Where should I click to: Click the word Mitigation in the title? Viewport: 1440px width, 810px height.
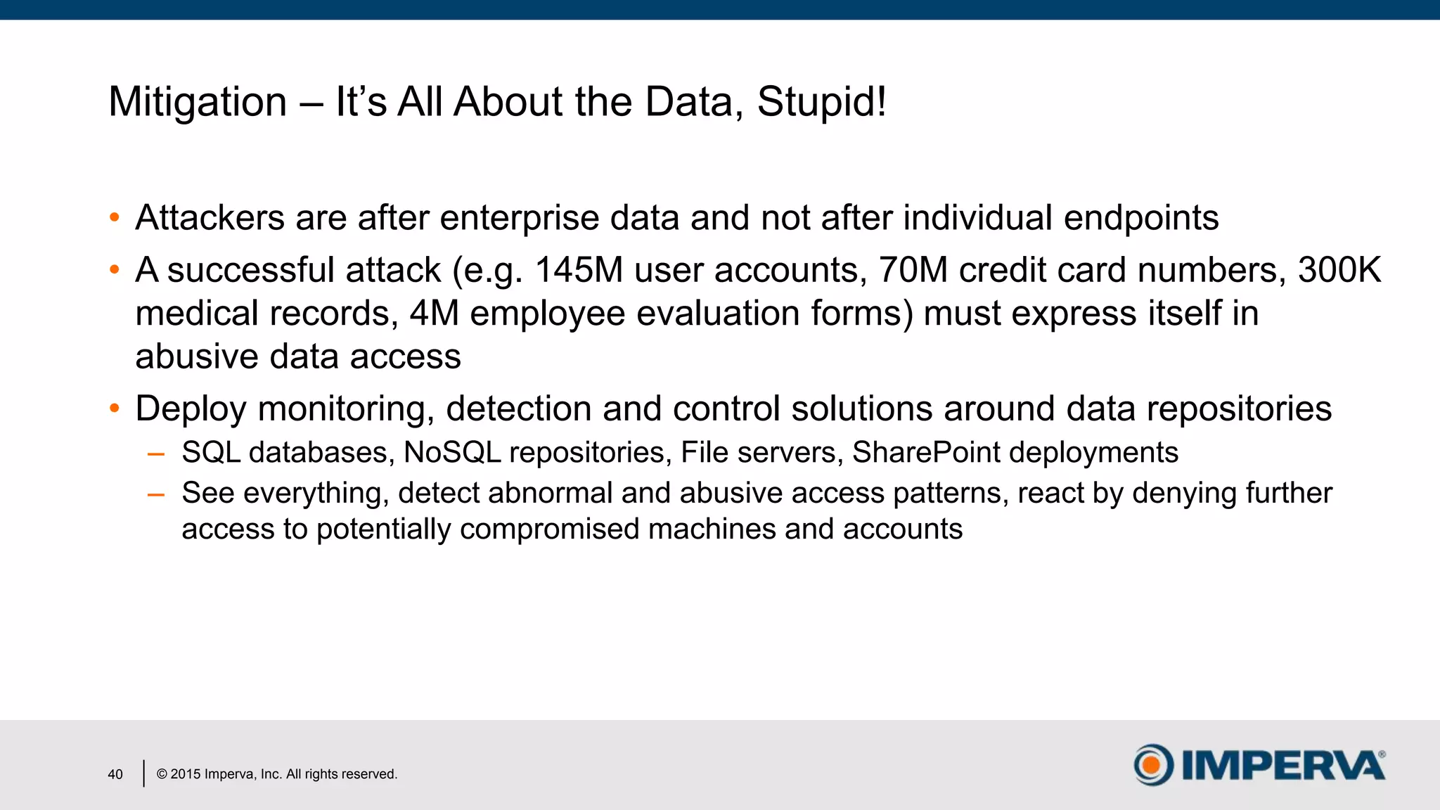198,102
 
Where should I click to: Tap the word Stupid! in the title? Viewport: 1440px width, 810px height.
821,102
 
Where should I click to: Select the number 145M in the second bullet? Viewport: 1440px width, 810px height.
579,271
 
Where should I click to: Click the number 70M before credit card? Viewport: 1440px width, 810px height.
913,271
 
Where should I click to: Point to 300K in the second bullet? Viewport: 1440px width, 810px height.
1339,271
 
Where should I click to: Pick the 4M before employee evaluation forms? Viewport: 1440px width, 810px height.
434,314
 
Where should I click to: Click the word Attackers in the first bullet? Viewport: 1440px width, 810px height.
210,218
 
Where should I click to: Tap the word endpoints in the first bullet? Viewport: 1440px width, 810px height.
1140,218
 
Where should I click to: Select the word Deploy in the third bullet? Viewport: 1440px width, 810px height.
191,409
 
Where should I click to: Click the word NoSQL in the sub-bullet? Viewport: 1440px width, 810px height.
452,453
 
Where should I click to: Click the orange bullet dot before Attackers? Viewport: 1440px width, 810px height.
115,218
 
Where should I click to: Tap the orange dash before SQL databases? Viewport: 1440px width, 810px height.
156,454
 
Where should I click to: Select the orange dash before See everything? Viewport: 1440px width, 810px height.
156,495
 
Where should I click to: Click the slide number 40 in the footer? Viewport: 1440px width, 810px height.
115,774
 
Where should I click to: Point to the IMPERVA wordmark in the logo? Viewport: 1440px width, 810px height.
1282,765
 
